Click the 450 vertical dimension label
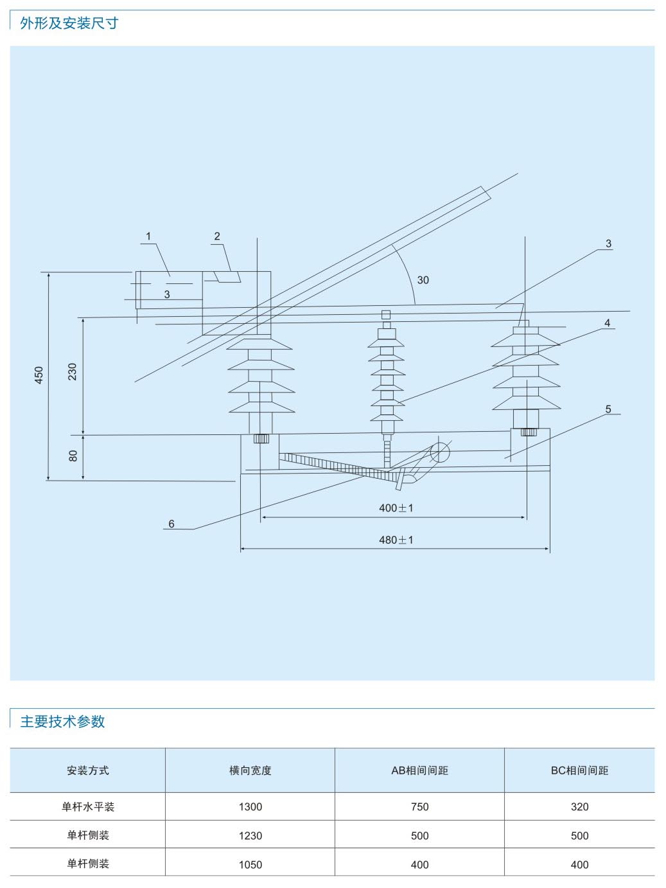[39, 375]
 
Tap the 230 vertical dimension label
[72, 371]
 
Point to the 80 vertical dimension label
[73, 456]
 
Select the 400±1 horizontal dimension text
[396, 508]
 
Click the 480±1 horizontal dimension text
[396, 540]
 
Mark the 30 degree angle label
[423, 280]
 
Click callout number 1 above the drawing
[148, 236]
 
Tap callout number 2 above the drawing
[217, 236]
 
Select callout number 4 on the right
[607, 323]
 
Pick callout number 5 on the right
[608, 409]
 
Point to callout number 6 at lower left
[171, 524]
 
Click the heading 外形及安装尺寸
[69, 24]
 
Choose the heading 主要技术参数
[62, 722]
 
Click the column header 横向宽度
[250, 770]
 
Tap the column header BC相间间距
[579, 770]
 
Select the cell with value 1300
[250, 807]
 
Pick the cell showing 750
[419, 807]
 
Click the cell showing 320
[579, 807]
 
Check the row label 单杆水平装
[88, 807]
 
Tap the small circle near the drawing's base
[440, 452]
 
